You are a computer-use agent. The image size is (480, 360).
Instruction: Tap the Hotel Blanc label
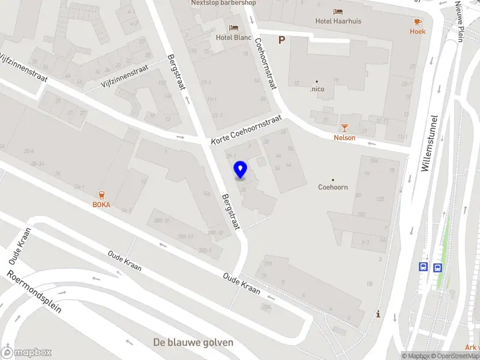(x=233, y=37)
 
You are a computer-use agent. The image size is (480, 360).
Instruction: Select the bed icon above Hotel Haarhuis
(x=338, y=11)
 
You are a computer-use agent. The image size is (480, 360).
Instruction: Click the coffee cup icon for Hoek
(x=417, y=22)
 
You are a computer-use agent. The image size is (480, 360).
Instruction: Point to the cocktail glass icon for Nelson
(x=344, y=127)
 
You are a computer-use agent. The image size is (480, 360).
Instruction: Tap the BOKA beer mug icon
(x=101, y=194)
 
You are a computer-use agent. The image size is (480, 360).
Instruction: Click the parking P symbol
(x=281, y=40)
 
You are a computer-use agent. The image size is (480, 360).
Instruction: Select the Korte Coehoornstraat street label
(x=246, y=130)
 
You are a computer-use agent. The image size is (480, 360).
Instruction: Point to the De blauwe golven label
(x=193, y=343)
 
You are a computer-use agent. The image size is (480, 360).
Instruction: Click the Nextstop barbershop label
(x=223, y=3)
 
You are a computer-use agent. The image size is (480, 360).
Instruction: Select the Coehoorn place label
(x=333, y=187)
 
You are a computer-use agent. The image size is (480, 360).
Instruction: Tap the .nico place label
(x=317, y=89)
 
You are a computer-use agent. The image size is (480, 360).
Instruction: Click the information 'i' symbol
(x=378, y=314)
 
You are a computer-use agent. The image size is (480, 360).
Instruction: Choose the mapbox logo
(x=26, y=352)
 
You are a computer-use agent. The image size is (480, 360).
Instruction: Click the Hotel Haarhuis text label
(x=340, y=21)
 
